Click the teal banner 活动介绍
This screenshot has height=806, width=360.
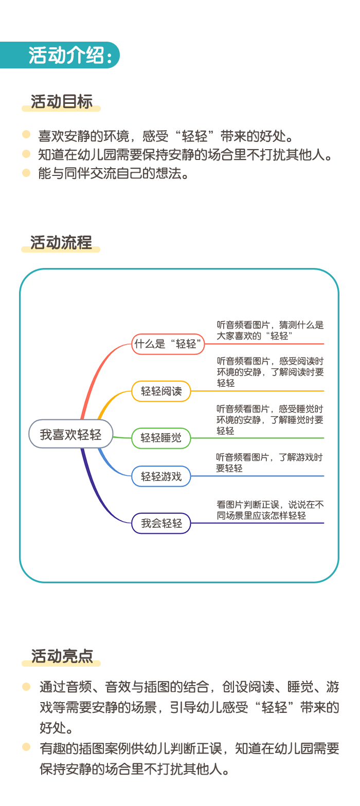(x=59, y=55)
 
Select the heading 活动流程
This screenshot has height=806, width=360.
(x=61, y=242)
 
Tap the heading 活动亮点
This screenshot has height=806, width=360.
(x=62, y=656)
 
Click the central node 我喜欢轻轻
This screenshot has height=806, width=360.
(x=71, y=434)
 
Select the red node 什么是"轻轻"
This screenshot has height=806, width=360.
(x=168, y=344)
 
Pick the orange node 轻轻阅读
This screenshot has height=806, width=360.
(x=161, y=391)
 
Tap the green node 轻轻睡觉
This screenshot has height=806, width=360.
(x=161, y=438)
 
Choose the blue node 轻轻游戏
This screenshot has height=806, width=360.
(x=161, y=476)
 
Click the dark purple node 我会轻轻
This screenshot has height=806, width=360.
(x=161, y=523)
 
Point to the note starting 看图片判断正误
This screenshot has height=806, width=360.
(x=270, y=510)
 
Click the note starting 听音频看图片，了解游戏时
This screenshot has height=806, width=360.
(x=269, y=463)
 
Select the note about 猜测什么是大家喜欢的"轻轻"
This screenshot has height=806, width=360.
(x=270, y=330)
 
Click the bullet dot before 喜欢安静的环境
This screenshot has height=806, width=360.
(x=26, y=135)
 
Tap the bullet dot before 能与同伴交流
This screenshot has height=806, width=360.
(x=26, y=173)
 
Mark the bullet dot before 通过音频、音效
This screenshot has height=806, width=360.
(x=26, y=687)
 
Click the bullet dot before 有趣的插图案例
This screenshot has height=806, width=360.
(x=26, y=747)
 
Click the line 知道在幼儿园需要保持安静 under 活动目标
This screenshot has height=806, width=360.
(x=185, y=155)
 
